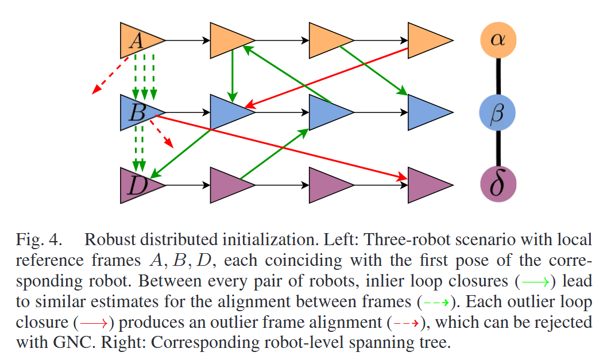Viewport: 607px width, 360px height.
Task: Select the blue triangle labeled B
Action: click(x=138, y=112)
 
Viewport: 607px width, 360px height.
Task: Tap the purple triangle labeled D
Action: click(x=138, y=185)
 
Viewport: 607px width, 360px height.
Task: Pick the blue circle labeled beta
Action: click(x=498, y=112)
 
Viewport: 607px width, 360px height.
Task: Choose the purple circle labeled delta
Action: click(x=498, y=185)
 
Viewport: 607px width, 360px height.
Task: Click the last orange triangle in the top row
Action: click(x=426, y=40)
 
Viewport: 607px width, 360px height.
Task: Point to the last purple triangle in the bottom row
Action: click(x=426, y=185)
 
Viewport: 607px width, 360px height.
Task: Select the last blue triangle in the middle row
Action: click(x=426, y=112)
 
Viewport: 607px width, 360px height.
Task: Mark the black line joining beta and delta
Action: click(x=498, y=148)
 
